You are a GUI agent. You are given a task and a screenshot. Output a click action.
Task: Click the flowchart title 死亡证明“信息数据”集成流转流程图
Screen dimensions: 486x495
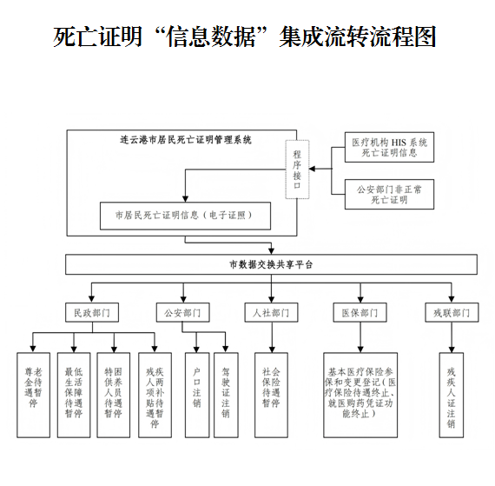click(x=245, y=37)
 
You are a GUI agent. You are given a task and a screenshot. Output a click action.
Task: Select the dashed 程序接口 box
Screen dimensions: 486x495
click(x=296, y=168)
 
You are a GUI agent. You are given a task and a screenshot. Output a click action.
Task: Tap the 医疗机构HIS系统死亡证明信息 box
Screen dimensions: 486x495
click(x=388, y=147)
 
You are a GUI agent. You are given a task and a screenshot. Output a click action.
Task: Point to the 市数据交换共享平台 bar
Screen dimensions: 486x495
click(x=271, y=263)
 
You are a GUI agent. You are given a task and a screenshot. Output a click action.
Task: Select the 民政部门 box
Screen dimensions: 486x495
click(x=92, y=312)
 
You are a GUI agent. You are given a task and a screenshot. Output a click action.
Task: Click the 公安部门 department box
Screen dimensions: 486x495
click(x=182, y=312)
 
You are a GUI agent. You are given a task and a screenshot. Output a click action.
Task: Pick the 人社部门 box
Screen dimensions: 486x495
click(x=271, y=312)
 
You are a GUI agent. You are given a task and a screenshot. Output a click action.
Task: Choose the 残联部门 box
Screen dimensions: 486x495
click(x=452, y=312)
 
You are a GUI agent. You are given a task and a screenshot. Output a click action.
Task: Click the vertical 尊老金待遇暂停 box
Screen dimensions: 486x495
click(x=32, y=394)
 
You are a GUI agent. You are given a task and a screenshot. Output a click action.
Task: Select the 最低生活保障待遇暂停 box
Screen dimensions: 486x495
click(x=73, y=394)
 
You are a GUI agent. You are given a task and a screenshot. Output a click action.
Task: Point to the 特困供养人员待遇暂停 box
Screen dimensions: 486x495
click(x=113, y=394)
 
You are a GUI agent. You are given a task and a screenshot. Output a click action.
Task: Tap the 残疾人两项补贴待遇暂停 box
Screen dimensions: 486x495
click(x=154, y=394)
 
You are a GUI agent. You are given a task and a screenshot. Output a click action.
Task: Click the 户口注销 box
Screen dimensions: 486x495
click(x=196, y=394)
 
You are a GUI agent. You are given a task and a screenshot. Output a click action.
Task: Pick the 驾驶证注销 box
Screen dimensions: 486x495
click(x=227, y=394)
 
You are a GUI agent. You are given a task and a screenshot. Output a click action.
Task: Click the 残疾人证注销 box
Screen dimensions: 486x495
click(x=452, y=394)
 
